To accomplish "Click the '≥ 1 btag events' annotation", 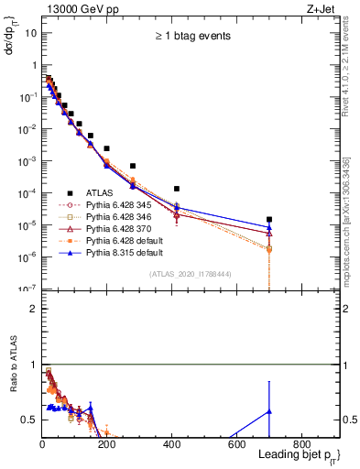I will coord(191,37).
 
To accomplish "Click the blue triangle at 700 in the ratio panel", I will coord(269,411).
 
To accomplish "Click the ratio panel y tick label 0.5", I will coord(29,420).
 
